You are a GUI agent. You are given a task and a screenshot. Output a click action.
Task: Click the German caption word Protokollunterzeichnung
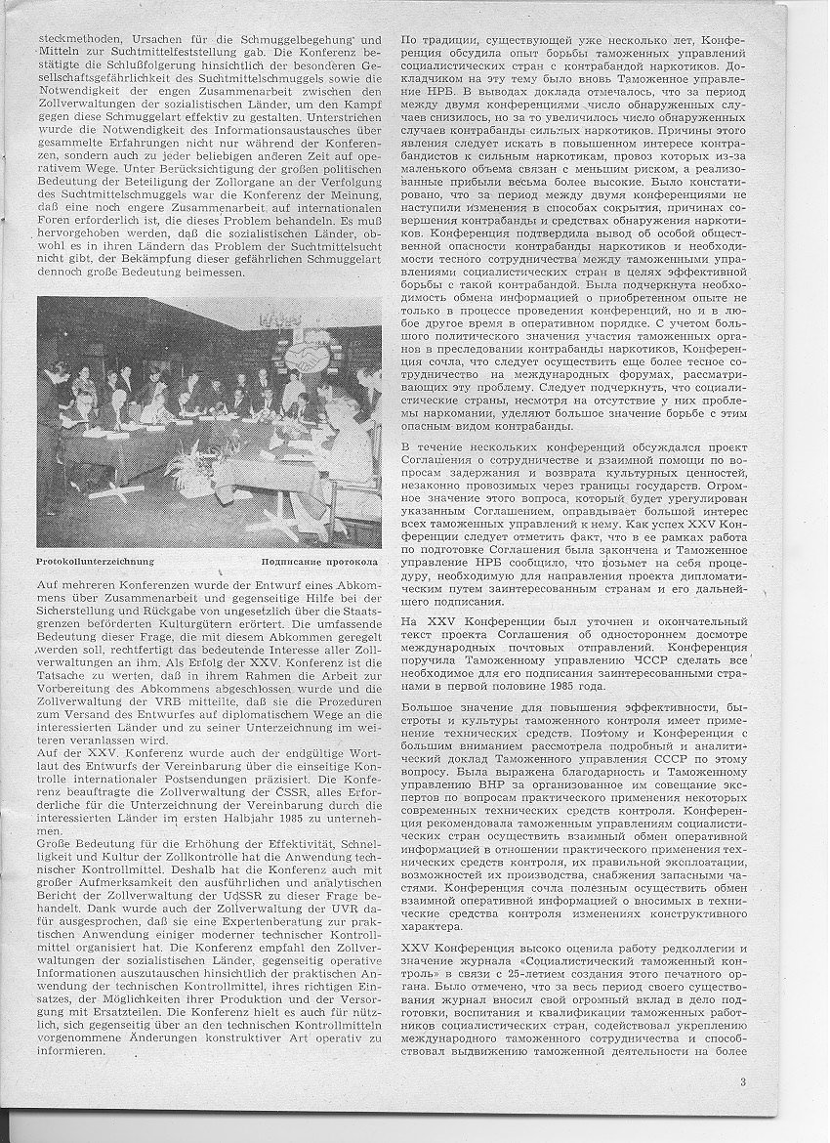[95, 562]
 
